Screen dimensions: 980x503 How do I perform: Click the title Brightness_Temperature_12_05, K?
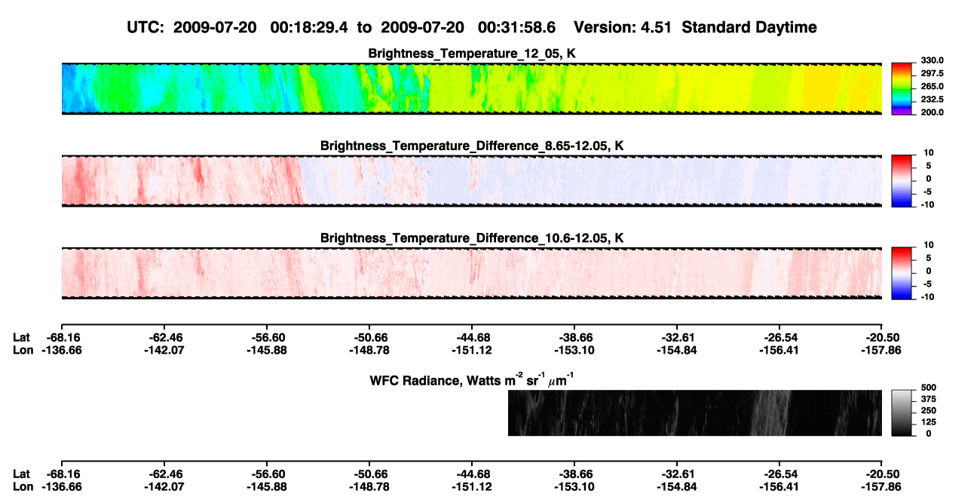(472, 54)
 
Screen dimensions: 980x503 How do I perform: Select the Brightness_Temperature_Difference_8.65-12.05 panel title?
(472, 146)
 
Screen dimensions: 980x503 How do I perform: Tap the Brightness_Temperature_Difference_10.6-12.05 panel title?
(472, 238)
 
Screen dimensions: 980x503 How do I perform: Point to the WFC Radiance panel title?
(472, 380)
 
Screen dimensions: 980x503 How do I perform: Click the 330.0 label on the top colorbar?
(932, 60)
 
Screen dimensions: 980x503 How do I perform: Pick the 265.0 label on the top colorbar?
(932, 86)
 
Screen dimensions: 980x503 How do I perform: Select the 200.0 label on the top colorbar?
(932, 112)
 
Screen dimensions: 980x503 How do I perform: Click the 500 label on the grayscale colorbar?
(929, 388)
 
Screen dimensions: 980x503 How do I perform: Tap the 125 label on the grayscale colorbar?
(929, 422)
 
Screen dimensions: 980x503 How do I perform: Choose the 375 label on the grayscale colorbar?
(929, 399)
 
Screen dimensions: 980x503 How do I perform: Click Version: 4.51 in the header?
(623, 27)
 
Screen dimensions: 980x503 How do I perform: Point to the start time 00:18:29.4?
(309, 27)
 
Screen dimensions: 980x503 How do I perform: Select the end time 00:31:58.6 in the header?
(516, 27)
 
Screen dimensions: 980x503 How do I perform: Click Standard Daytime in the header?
(749, 27)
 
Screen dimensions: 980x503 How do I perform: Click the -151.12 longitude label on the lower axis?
(472, 487)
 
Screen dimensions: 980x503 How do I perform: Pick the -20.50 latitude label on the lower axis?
(883, 474)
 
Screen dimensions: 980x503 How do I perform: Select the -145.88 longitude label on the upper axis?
(267, 350)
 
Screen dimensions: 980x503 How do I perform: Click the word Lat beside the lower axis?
(21, 474)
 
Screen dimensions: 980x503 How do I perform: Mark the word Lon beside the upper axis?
(23, 350)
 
